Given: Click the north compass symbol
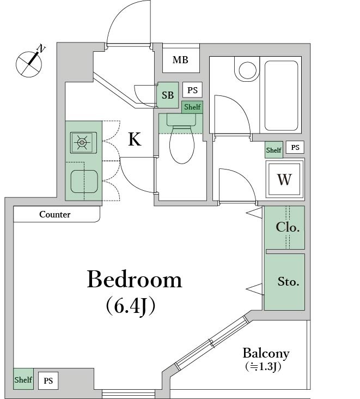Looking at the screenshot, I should tap(29, 62).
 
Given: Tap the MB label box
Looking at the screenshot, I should tap(180, 60).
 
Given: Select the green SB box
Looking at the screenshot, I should tap(167, 95).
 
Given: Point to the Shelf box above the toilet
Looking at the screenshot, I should tap(192, 107).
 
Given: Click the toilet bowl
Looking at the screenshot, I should tap(181, 144).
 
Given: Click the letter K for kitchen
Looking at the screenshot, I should tap(135, 140).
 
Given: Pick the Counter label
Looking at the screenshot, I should tap(55, 215).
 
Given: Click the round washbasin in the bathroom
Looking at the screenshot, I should tap(248, 70).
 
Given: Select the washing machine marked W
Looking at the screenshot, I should tap(284, 179).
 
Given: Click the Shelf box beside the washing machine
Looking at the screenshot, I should tap(273, 150).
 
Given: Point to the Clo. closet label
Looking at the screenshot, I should tap(287, 227).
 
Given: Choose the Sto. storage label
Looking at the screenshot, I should tap(288, 282).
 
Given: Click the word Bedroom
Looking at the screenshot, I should tap(134, 279).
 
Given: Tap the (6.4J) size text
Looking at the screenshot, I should tap(131, 306).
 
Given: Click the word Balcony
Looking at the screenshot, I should tap(266, 353).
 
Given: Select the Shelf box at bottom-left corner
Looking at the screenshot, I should tap(23, 379).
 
